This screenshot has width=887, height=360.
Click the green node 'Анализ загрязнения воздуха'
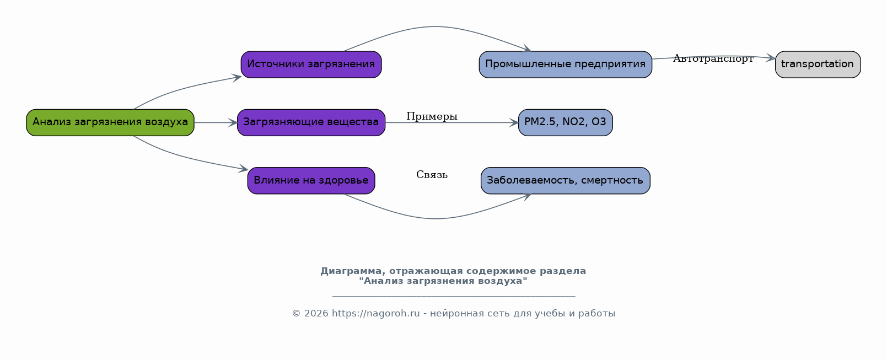point(110,123)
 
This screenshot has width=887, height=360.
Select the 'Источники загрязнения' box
point(311,65)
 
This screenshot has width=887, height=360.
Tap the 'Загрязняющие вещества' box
point(311,123)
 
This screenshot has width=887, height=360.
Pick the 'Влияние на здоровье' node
point(311,181)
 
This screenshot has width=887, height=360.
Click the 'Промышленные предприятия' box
point(566,65)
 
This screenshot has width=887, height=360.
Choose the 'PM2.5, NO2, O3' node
point(566,123)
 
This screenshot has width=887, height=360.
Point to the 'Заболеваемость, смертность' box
point(566,181)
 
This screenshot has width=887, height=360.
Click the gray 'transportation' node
point(818,65)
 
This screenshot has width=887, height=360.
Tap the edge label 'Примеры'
point(432,116)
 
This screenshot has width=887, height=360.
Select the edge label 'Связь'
point(432,175)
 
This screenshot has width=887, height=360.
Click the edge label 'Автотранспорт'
point(713,58)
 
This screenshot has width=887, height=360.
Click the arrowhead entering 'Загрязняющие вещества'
point(233,123)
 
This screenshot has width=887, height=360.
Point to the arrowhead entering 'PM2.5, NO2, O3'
point(514,123)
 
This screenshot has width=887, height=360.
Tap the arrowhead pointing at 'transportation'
point(771,58)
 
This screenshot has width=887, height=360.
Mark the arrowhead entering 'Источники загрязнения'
point(237,78)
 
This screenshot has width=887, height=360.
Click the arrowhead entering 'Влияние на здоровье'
point(243,169)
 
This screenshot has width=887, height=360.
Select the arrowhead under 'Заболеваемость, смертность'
point(526,196)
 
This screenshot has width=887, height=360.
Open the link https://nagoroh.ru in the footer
point(376,314)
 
